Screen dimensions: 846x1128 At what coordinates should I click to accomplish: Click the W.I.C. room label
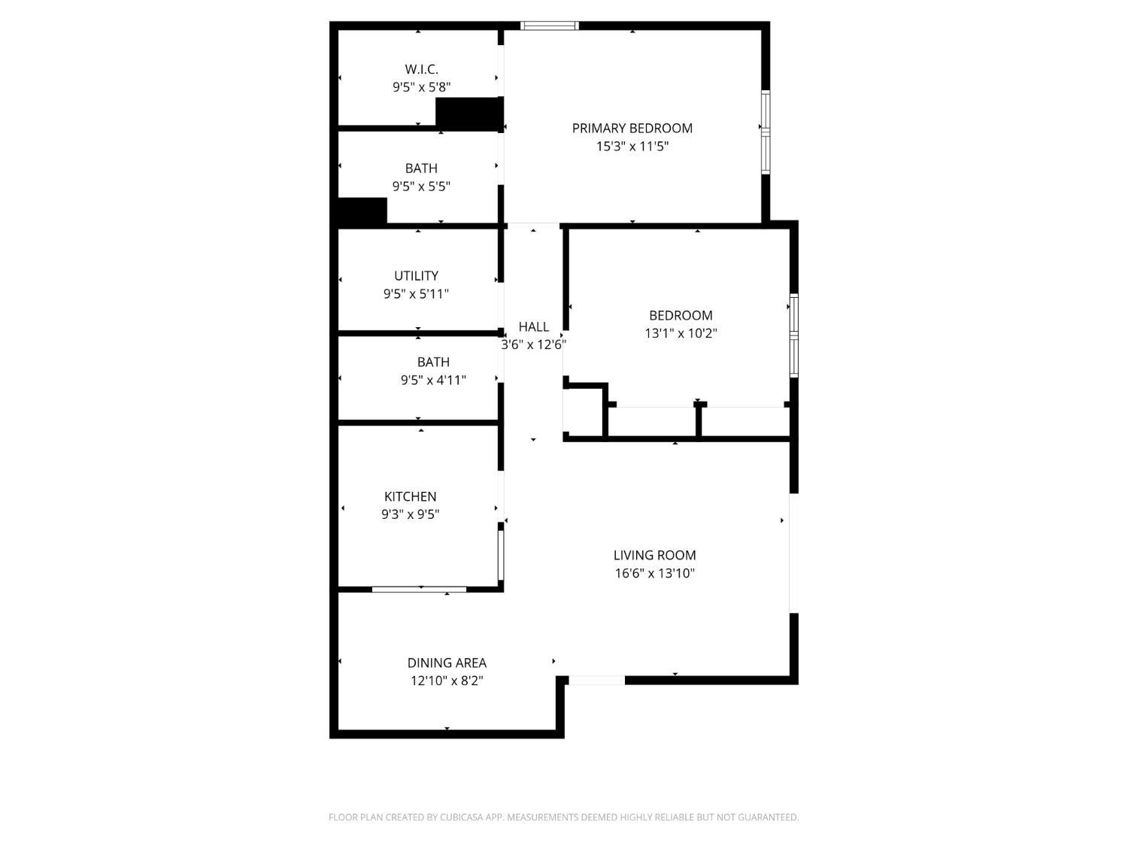(421, 69)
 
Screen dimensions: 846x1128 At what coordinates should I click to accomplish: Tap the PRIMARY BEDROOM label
(632, 128)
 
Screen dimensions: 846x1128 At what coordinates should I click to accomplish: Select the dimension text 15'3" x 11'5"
(632, 146)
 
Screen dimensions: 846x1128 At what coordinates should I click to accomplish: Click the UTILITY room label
(416, 276)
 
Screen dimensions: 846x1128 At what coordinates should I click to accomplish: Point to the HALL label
(533, 326)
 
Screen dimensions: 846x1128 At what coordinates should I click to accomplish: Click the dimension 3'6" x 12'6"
(533, 344)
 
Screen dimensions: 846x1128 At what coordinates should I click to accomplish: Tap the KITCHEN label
(410, 496)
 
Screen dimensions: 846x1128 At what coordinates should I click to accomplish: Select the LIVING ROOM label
(654, 555)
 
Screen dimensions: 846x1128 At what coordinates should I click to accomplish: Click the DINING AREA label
(447, 663)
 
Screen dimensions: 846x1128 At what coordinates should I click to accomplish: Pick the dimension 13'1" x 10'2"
(681, 333)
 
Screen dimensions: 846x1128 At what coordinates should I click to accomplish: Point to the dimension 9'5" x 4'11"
(433, 380)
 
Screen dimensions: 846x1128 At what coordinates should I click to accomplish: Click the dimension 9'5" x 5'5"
(421, 186)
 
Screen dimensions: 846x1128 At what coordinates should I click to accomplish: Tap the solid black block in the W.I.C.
(468, 113)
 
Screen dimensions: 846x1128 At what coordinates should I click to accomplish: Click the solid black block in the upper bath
(362, 210)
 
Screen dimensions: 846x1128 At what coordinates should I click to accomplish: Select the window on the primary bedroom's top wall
(550, 26)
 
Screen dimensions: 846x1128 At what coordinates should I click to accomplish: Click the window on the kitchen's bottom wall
(419, 589)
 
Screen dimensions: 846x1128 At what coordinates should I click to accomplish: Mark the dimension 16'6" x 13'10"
(654, 573)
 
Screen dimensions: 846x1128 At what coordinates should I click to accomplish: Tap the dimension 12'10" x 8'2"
(447, 681)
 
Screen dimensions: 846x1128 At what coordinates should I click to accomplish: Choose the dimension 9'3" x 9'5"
(410, 514)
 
